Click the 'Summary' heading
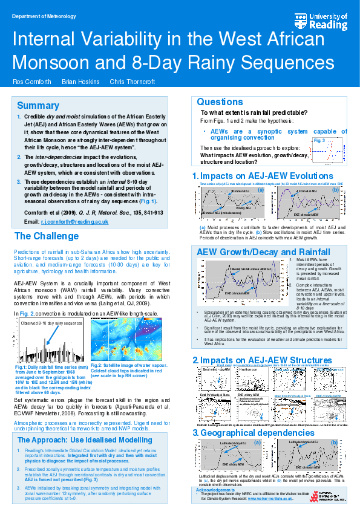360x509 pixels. pyautogui.click(x=38, y=106)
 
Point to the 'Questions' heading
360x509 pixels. pyautogui.click(x=220, y=102)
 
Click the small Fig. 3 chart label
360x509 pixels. pyautogui.click(x=319, y=140)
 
